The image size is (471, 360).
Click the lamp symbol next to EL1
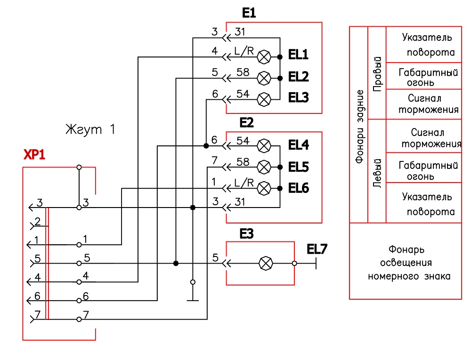[x=264, y=57]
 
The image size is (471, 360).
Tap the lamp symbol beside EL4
[x=264, y=146]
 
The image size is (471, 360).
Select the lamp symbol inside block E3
[x=266, y=264]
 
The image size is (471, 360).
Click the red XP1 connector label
[x=34, y=154]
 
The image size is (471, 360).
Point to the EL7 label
[x=317, y=249]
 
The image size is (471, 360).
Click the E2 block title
[x=247, y=122]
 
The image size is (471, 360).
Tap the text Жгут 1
[x=90, y=129]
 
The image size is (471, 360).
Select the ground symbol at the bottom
[x=193, y=300]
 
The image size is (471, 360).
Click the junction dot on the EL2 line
[x=280, y=78]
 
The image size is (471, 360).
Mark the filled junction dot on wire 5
[x=176, y=264]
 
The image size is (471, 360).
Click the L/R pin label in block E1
[x=244, y=51]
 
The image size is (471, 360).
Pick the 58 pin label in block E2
[x=243, y=162]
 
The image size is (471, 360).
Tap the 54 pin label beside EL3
[x=243, y=94]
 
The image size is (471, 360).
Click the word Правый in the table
[x=377, y=74]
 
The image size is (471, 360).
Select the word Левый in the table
[x=377, y=173]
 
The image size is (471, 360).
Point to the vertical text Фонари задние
[x=359, y=127]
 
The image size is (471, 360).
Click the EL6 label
[x=299, y=188]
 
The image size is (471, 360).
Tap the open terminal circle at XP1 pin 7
[x=79, y=319]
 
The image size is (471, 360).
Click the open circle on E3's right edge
[x=294, y=264]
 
